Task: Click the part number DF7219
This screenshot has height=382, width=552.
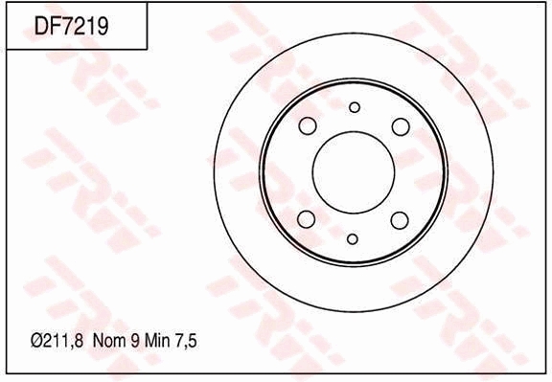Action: (72, 26)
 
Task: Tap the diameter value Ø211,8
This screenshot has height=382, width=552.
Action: (57, 341)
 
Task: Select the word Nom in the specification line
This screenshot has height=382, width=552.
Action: (109, 341)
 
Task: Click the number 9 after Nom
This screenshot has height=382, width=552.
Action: (135, 341)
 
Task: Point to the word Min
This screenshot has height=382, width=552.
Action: (157, 341)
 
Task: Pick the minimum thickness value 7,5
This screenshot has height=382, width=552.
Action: (186, 341)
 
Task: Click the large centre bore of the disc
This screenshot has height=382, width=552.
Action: (354, 172)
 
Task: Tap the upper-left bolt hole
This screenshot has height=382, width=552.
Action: (308, 125)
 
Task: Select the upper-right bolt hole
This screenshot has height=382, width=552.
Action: (401, 126)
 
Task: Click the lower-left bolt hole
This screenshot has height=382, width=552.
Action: (306, 219)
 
